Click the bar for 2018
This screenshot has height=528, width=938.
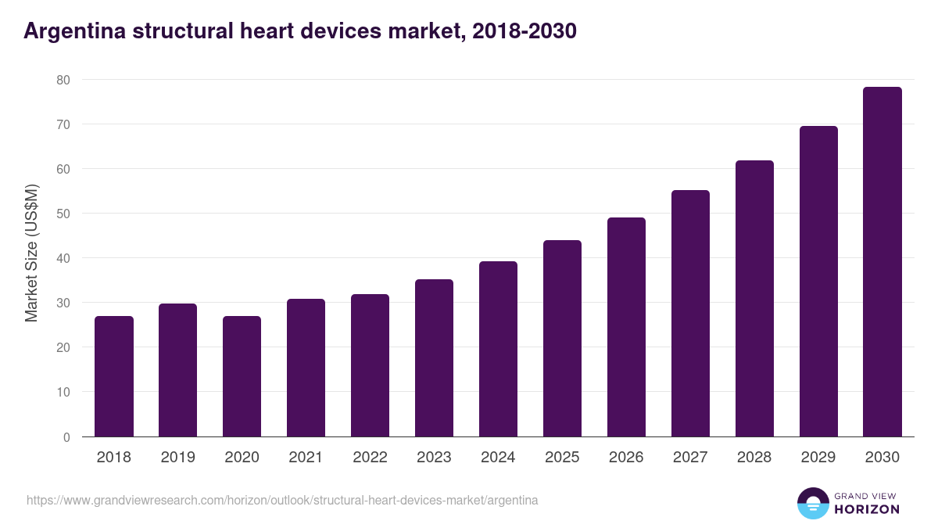[114, 376]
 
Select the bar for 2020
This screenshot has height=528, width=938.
[242, 376]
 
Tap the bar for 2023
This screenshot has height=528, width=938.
[434, 358]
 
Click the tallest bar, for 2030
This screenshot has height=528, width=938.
[883, 262]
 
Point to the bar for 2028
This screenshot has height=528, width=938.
[754, 299]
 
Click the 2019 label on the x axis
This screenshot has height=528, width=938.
[178, 458]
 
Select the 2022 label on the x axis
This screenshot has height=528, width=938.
[370, 458]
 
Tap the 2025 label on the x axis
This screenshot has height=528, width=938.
[562, 458]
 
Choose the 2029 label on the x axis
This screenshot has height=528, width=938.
[818, 458]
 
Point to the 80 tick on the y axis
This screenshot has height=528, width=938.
[63, 80]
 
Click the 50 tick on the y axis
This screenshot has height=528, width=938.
[63, 214]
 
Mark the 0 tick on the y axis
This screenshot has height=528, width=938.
[66, 437]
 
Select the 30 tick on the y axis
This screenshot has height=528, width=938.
[63, 303]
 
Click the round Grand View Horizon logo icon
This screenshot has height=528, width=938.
[812, 503]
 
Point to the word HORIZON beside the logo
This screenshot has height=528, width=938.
[867, 509]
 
